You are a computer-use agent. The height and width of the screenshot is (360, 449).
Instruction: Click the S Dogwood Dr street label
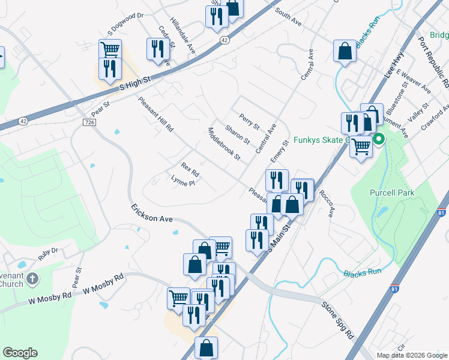[126, 23]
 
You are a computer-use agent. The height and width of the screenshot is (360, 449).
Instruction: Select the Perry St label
[249, 122]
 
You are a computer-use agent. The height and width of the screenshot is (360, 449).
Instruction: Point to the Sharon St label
[237, 134]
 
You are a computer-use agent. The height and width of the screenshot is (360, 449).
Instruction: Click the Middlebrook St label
[223, 145]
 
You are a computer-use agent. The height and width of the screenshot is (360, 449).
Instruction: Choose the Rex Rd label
[190, 170]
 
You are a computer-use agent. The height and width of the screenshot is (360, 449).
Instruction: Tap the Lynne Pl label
[183, 181]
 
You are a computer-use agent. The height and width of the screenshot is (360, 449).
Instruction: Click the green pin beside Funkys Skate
[379, 140]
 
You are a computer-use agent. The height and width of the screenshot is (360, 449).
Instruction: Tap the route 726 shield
[89, 122]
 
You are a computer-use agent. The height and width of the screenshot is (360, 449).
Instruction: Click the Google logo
[20, 353]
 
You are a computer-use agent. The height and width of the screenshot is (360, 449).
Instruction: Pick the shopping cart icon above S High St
[110, 49]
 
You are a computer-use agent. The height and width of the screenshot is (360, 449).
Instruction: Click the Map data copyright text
[411, 355]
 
